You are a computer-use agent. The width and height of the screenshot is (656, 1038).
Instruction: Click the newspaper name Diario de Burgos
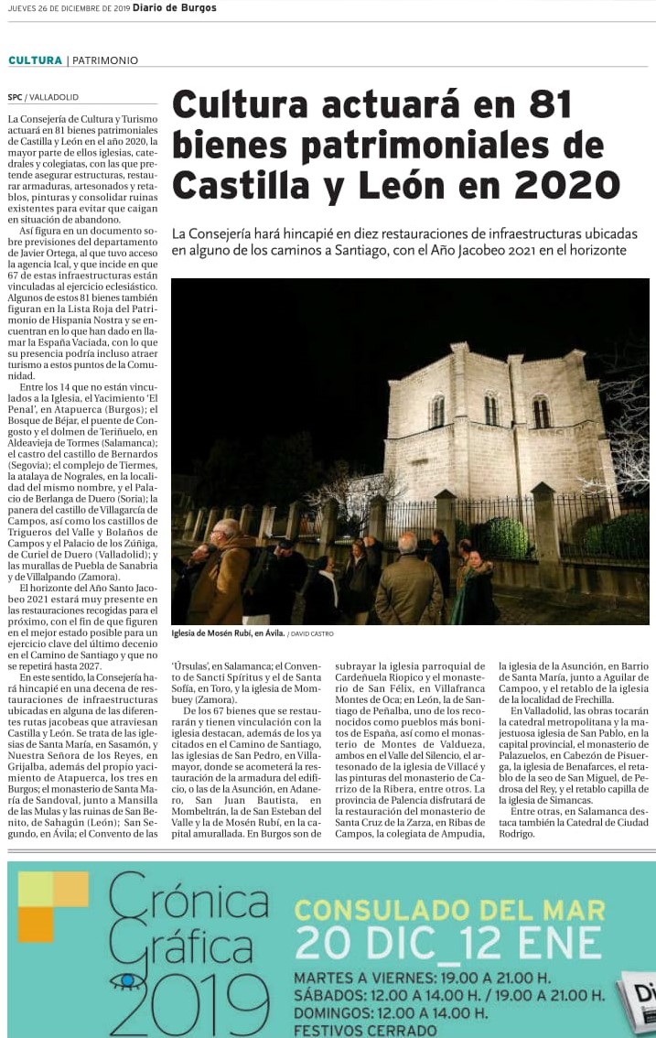pyautogui.click(x=175, y=7)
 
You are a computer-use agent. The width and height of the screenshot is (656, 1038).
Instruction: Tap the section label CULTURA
pyautogui.click(x=35, y=60)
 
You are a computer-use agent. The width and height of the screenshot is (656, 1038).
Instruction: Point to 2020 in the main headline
pyautogui.click(x=568, y=186)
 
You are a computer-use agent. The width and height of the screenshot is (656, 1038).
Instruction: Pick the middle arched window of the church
pyautogui.click(x=491, y=409)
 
